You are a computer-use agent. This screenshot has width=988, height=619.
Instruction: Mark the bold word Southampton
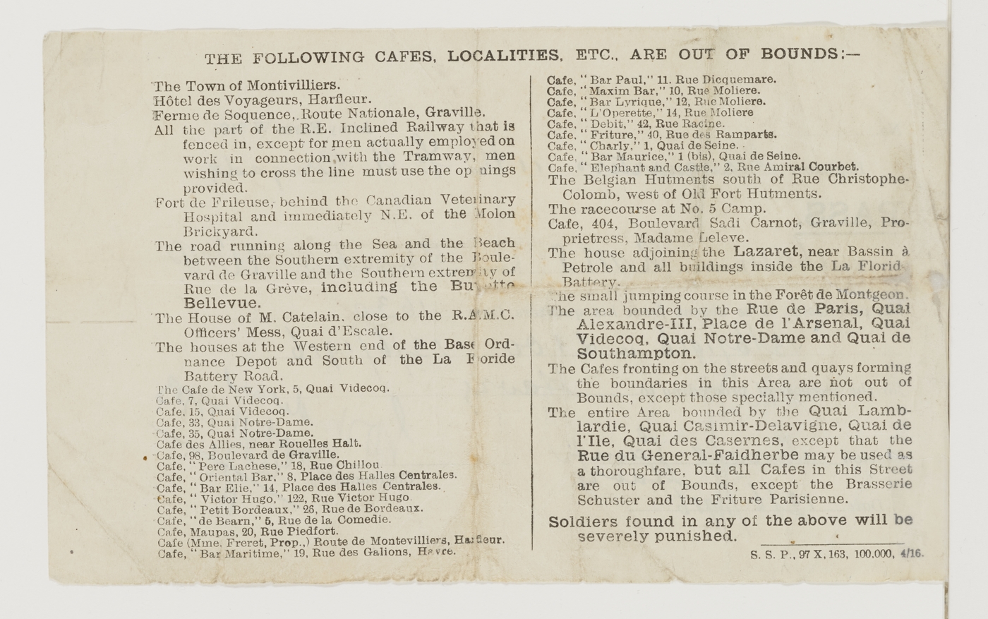[636, 354]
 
